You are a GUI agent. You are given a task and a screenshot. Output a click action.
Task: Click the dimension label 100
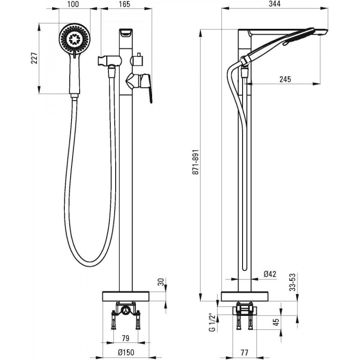point(73,4)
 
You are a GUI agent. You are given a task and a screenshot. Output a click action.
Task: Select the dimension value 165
point(125,4)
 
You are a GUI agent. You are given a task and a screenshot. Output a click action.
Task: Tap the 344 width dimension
point(275,4)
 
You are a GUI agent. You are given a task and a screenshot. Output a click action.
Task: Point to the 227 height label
point(34,58)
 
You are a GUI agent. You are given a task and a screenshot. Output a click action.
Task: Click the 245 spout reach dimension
point(285,79)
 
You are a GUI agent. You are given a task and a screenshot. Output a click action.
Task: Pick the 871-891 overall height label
point(195,162)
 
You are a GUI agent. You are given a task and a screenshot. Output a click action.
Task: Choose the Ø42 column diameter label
point(270,274)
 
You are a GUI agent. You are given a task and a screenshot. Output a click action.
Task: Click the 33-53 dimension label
point(292,283)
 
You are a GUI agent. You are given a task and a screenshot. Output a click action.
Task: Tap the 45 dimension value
point(277,322)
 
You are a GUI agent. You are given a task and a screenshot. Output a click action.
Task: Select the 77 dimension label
point(244,352)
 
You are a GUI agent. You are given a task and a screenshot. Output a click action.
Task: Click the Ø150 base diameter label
point(126,352)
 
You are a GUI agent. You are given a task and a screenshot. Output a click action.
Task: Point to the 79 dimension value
point(126,338)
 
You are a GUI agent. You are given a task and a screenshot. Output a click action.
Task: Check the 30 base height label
point(162,282)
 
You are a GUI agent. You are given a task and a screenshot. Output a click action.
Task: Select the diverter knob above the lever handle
point(138,60)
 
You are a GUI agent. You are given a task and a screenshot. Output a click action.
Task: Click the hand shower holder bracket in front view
point(108,61)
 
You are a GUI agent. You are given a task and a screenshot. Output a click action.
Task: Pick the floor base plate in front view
point(126,296)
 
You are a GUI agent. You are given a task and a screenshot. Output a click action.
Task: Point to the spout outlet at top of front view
point(126,32)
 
